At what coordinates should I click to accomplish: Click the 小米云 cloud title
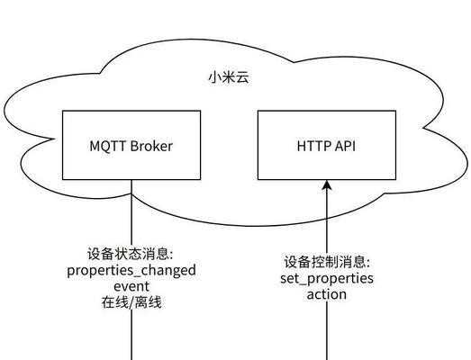coord(229,77)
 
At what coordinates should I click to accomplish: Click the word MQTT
coord(108,146)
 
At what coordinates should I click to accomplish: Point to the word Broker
coord(151,146)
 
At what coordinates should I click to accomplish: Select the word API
coord(345,146)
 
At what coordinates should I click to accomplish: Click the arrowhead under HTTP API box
coord(327,185)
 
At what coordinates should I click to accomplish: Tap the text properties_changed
coord(131,271)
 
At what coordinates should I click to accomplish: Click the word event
coord(131,286)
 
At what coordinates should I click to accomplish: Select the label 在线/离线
coord(131,302)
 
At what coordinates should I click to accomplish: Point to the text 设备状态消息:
coord(131,254)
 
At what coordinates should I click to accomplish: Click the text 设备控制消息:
coord(328,262)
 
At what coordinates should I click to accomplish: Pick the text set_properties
coord(327,279)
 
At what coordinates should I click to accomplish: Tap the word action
coord(327,294)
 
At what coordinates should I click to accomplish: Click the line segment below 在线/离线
coord(131,335)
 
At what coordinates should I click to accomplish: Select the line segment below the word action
coord(327,331)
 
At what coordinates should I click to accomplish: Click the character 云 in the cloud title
coord(243,77)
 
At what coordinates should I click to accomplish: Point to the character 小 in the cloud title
coord(215,77)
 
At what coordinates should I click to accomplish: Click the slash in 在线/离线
coord(131,302)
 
